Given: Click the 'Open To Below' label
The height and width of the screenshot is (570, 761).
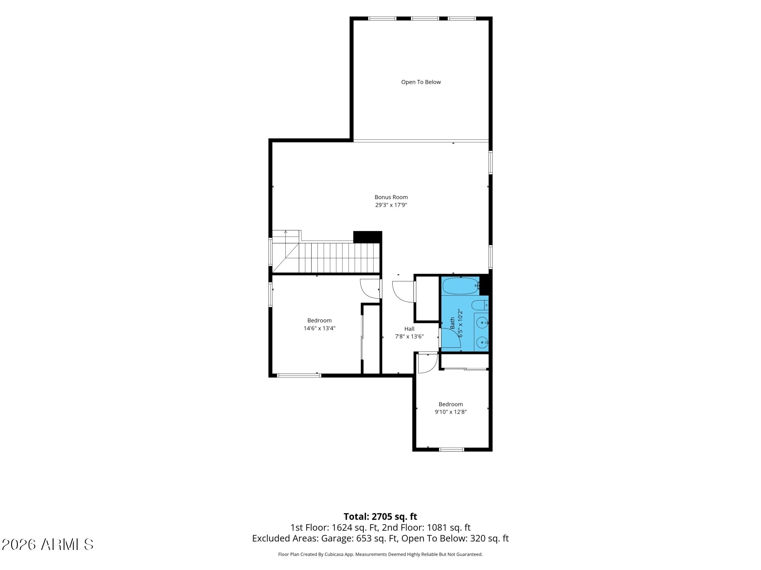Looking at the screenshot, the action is tap(421, 82).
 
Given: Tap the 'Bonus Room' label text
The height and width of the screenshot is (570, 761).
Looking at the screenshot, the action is tap(391, 197).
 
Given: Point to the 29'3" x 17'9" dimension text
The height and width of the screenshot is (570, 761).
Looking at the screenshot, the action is tap(391, 205).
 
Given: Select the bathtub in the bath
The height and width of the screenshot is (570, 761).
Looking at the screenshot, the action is tap(461, 285).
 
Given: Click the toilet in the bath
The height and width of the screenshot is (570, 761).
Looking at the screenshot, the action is tap(479, 305).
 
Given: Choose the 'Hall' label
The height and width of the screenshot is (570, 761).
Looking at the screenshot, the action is tap(409, 329).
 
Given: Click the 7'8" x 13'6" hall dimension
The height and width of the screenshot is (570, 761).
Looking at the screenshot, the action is tap(409, 337).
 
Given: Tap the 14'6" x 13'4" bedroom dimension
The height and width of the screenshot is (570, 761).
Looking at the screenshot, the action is tap(319, 328).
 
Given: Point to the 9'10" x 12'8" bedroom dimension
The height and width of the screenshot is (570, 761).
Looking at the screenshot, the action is tap(451, 412).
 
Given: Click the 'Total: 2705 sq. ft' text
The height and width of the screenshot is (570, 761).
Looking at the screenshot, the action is tap(380, 517).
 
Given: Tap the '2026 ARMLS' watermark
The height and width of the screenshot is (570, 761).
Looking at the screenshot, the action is tap(48, 544).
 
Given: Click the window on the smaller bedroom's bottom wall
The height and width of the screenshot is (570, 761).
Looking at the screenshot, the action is tap(452, 449).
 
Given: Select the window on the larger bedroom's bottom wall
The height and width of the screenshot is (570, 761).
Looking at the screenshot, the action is tap(299, 375).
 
